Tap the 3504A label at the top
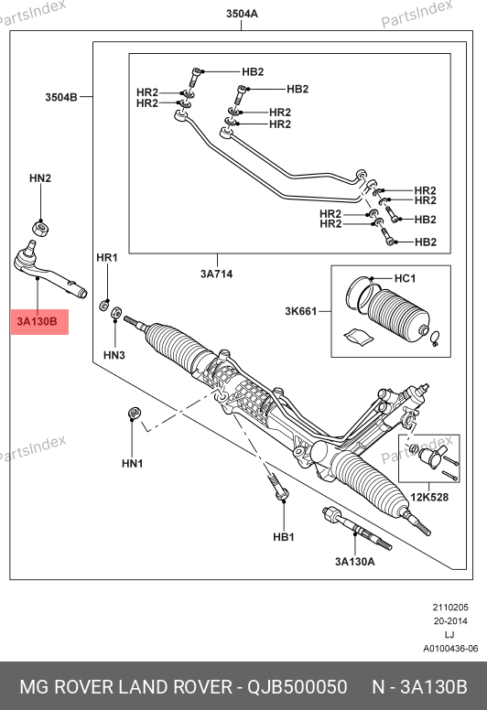(242, 14)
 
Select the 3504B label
(61, 97)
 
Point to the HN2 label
(40, 177)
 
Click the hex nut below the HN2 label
(41, 227)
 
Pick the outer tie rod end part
(48, 272)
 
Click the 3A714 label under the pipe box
(217, 274)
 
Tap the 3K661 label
(301, 311)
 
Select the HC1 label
(405, 278)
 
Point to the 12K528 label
(429, 497)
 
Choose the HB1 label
(284, 537)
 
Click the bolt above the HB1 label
(278, 487)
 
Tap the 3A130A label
(354, 562)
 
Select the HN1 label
(133, 463)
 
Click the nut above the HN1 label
(134, 413)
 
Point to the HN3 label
(114, 355)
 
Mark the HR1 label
(107, 257)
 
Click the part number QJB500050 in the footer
(297, 687)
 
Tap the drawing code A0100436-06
(450, 649)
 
